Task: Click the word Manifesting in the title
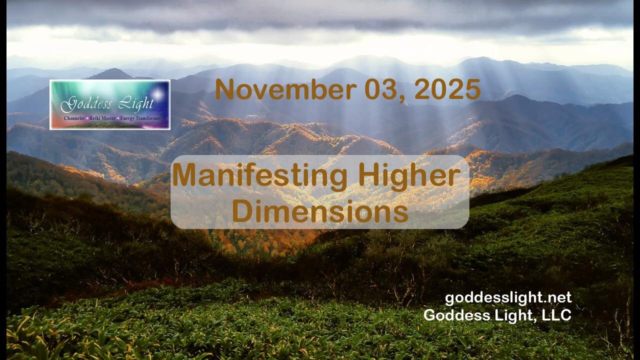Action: [x=259, y=176]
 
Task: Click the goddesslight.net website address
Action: [x=508, y=298]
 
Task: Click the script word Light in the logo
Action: [x=134, y=104]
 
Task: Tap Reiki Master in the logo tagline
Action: [x=105, y=118]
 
